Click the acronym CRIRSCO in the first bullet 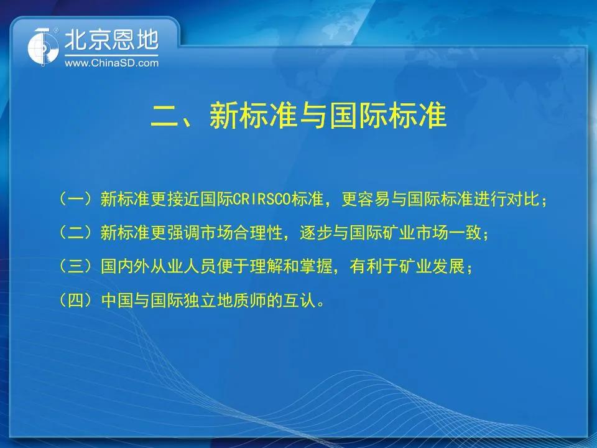262,199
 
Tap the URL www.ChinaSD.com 111,63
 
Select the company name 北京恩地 111,40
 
